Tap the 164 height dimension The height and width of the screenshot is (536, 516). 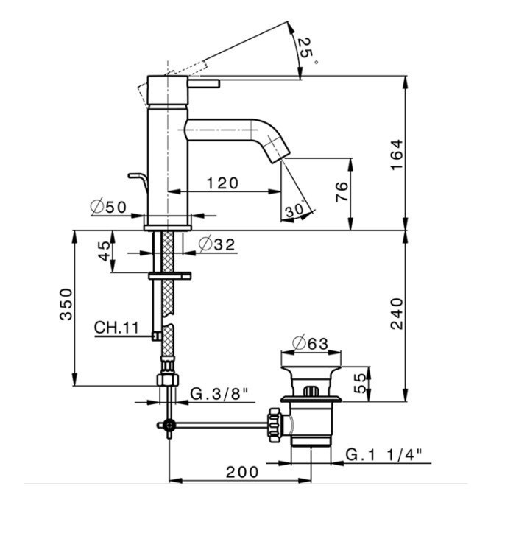pos(397,155)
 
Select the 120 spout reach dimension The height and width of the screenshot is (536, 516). pos(222,183)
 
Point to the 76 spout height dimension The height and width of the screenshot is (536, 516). pos(342,191)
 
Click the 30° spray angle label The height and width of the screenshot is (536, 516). pos(295,210)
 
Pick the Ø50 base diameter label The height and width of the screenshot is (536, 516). pos(109,207)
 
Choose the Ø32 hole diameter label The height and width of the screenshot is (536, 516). pos(217,244)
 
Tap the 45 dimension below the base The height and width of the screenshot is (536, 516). pos(105,251)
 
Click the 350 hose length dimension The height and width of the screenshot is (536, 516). pos(66,304)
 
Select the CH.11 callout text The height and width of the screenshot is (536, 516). pos(116,328)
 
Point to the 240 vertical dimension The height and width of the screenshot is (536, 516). pos(397,314)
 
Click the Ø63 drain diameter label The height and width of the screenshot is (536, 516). pos(311,344)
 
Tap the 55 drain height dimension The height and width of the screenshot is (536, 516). pos(359,383)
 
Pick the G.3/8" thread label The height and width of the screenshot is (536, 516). pos(219,394)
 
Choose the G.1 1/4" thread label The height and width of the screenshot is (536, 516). pos(384,455)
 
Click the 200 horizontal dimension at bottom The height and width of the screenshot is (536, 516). pos(242,473)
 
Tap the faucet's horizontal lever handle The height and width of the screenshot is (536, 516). pos(203,83)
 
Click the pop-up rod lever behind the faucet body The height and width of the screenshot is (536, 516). pos(138,180)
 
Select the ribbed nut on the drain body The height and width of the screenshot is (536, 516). pos(275,425)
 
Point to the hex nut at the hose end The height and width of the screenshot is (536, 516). pos(167,380)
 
